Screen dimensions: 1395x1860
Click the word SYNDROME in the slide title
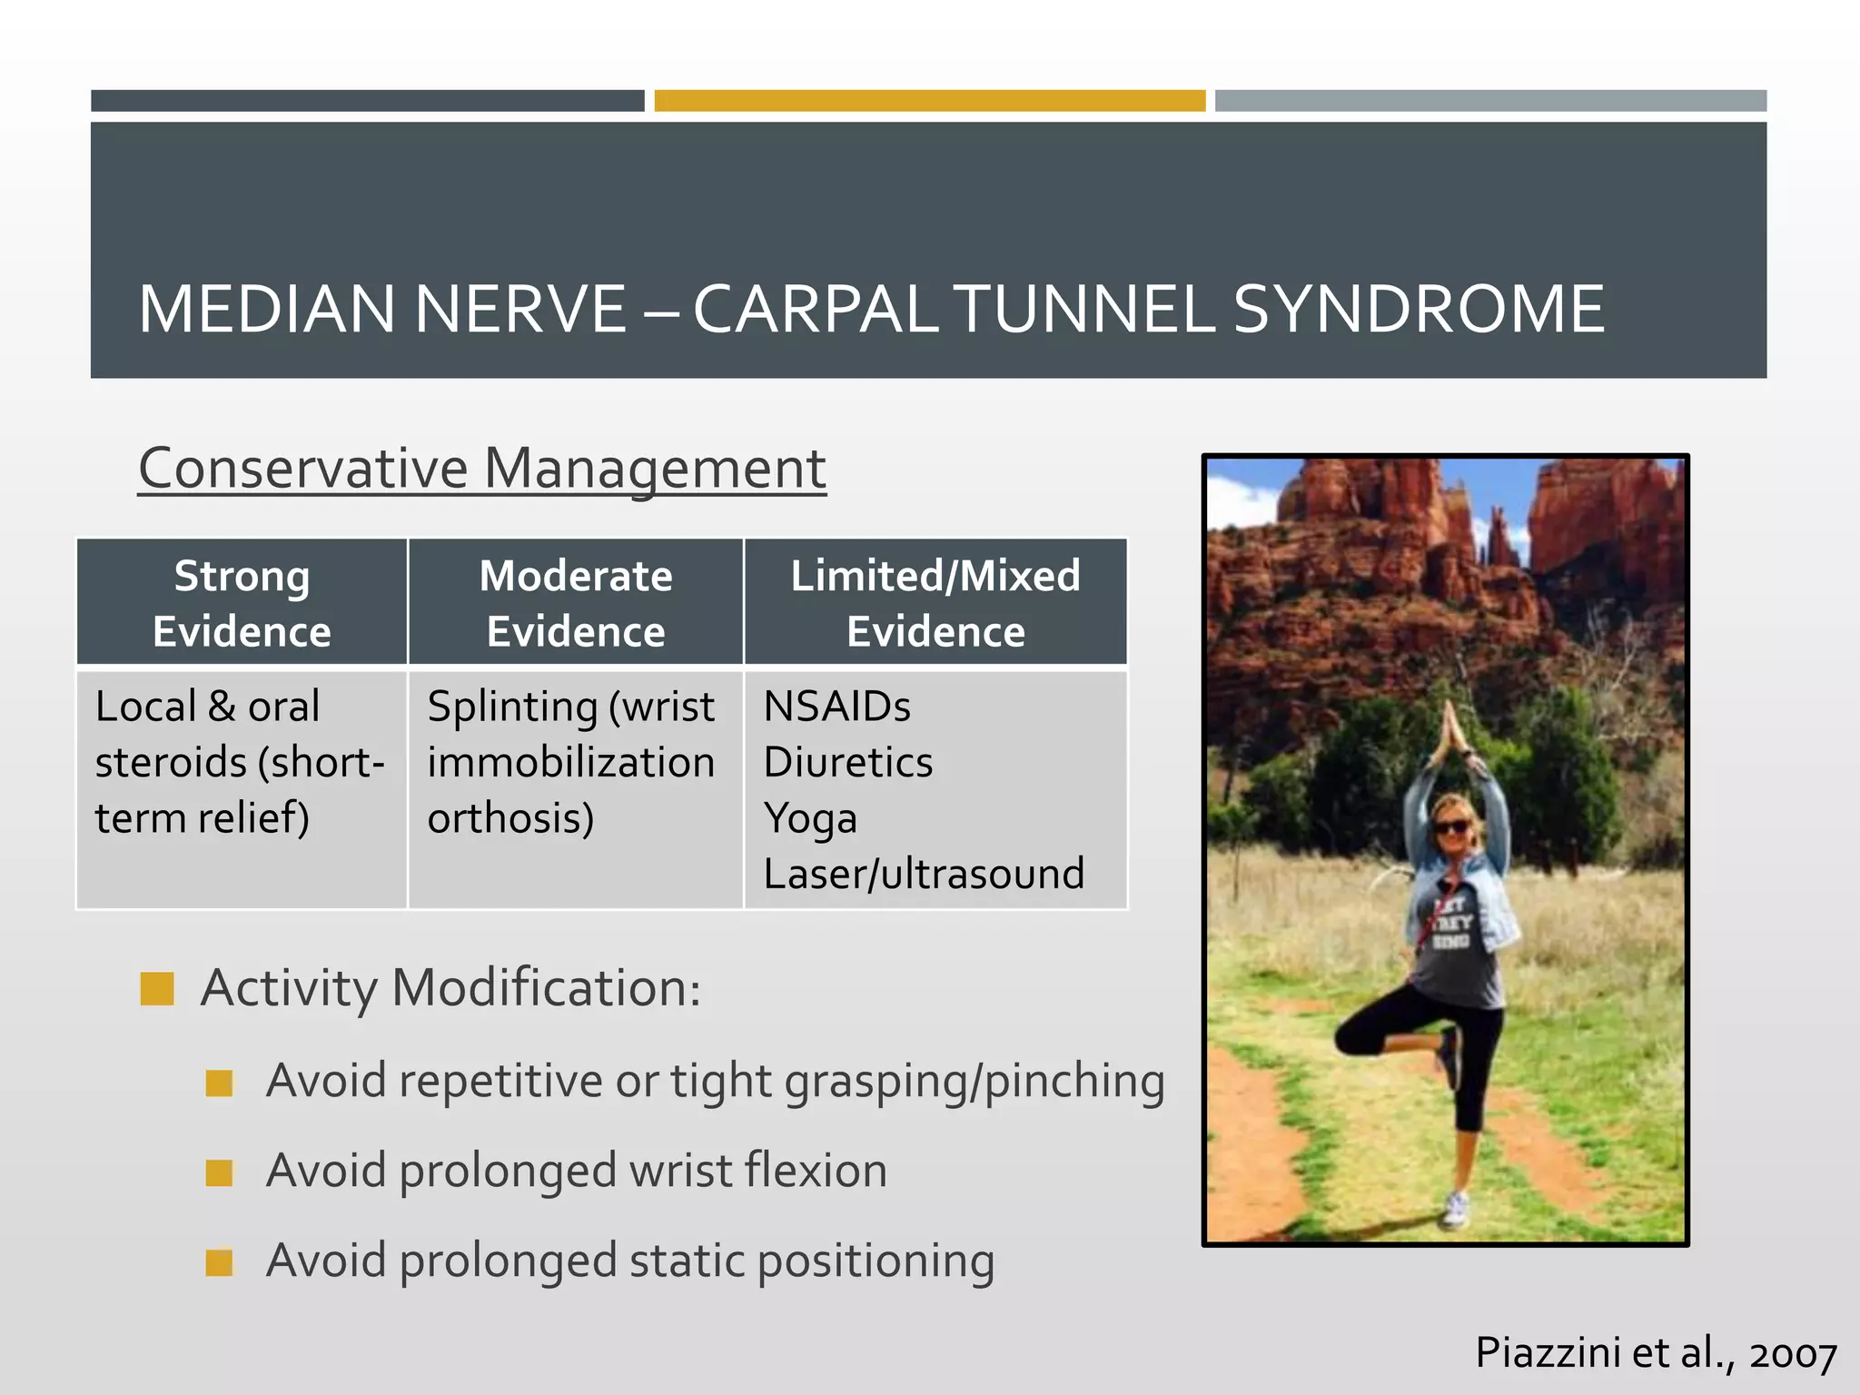click(1419, 309)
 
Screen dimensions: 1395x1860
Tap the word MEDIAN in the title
click(266, 309)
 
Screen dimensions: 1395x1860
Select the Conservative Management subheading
click(481, 469)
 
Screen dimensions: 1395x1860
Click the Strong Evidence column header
click(242, 603)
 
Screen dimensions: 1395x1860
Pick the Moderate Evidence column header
click(576, 603)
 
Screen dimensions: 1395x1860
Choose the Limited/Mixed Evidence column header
click(935, 603)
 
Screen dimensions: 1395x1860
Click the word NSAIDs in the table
click(836, 707)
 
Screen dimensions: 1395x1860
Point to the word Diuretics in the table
click(847, 762)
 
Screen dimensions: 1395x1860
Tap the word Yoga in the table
click(810, 818)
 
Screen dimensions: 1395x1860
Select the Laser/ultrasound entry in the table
click(924, 874)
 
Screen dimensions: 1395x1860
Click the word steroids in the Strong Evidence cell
click(171, 762)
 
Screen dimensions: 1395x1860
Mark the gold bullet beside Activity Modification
click(157, 988)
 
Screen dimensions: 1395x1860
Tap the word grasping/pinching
click(974, 1081)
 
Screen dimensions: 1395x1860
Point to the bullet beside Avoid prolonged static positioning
click(219, 1262)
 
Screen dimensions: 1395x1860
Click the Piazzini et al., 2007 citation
click(1655, 1353)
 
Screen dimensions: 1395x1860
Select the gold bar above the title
click(929, 101)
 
